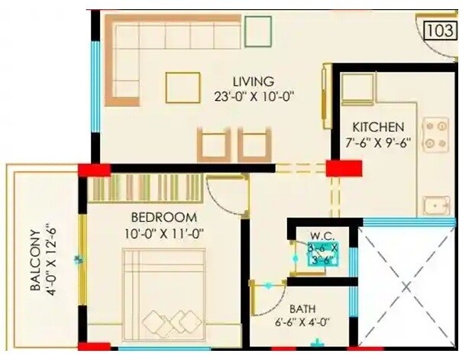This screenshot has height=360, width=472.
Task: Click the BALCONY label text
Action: pos(34,261)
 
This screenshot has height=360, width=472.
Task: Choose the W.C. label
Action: pos(319,235)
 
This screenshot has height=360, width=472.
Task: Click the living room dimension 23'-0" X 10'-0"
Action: pos(254,96)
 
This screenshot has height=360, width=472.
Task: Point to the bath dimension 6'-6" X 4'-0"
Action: pos(302,323)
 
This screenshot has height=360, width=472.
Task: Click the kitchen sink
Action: pos(438,206)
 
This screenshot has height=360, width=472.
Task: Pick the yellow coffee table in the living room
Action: pos(183,87)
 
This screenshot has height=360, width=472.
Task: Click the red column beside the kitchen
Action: pos(344,168)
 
